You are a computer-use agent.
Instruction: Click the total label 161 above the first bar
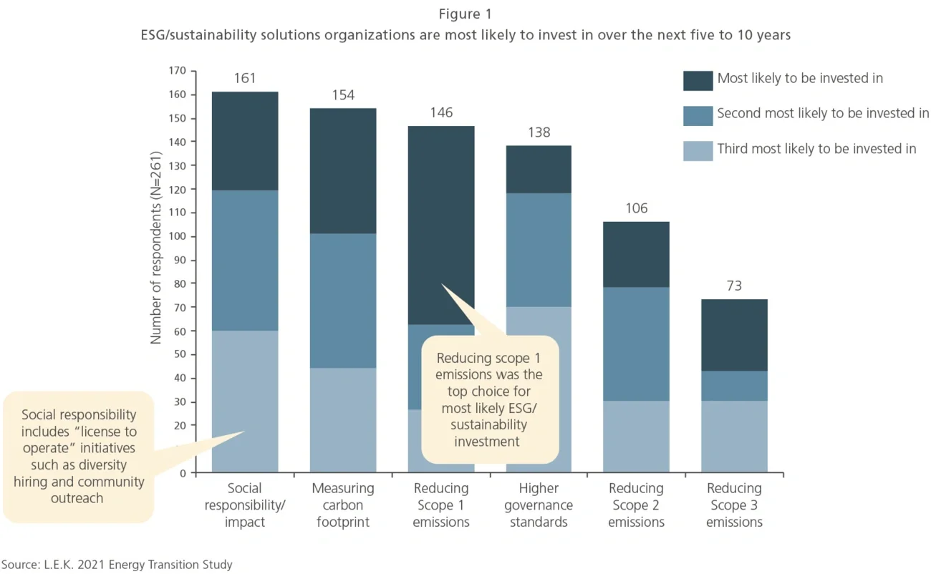(x=245, y=78)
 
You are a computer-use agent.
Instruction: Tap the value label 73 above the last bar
(x=734, y=286)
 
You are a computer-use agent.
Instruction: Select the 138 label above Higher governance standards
(x=539, y=132)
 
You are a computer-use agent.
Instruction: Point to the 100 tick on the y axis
(x=177, y=236)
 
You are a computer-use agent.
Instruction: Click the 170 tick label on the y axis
(x=177, y=71)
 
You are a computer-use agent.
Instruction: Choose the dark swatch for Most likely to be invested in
(x=698, y=80)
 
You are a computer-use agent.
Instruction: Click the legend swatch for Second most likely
(x=698, y=115)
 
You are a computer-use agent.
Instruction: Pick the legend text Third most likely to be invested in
(x=816, y=149)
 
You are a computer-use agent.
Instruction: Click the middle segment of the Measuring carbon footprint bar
(x=343, y=301)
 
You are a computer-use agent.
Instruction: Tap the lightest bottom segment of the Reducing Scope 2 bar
(x=636, y=437)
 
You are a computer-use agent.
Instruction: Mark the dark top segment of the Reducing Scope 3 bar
(x=734, y=335)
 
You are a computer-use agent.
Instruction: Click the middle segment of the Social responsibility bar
(x=245, y=261)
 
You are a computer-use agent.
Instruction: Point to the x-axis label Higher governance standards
(x=539, y=505)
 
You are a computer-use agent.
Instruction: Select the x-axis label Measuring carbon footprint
(x=343, y=505)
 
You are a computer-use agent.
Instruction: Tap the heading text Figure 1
(x=465, y=14)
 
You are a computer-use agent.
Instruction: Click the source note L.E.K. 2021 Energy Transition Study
(x=117, y=565)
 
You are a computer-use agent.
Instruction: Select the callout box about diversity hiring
(x=78, y=456)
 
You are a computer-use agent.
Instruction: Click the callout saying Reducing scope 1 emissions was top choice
(x=489, y=399)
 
